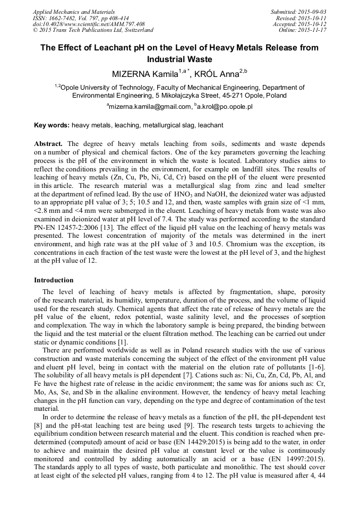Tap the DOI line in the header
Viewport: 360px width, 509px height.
click(x=89, y=24)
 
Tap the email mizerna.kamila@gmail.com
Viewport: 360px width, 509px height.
click(x=149, y=106)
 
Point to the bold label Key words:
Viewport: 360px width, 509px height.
click(x=52, y=125)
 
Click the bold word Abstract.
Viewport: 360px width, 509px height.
click(x=48, y=144)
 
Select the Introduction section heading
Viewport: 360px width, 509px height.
click(x=54, y=280)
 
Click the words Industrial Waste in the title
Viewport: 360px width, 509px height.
click(x=179, y=59)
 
